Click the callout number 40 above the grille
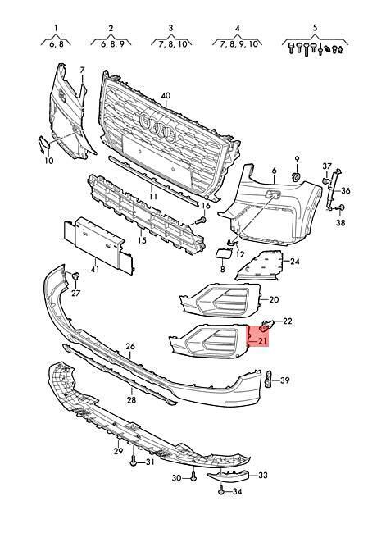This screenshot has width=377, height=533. coord(166,96)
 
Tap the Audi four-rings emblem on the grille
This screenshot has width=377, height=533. coord(158,127)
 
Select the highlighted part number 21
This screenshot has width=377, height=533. coord(262,340)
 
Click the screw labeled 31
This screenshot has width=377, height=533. coord(133,462)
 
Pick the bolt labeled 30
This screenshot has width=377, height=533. coord(193,477)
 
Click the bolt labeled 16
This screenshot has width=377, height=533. coord(201,220)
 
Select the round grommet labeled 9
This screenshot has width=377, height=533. coord(296,176)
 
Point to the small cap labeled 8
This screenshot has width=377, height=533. coord(223,255)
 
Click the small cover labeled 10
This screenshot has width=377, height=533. coord(43,144)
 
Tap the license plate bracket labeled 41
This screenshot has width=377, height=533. coord(98,244)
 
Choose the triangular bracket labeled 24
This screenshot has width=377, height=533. coord(260,266)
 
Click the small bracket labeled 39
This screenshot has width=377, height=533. coord(268,379)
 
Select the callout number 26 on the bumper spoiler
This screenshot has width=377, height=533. coord(130,347)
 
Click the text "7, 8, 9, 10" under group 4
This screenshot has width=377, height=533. coord(238,43)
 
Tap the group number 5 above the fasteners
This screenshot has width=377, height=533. coord(315,28)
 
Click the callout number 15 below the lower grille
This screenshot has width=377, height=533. coord(142,240)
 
